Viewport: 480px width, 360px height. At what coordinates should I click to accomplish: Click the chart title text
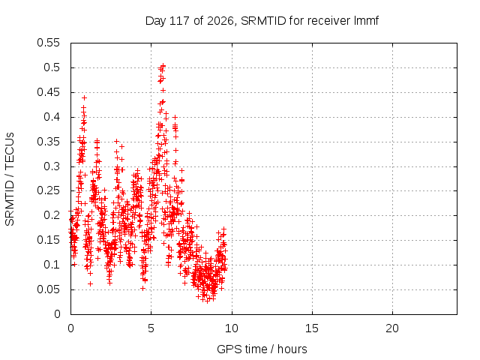pyautogui.click(x=262, y=21)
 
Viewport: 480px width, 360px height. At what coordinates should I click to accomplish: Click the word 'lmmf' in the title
pyautogui.click(x=366, y=21)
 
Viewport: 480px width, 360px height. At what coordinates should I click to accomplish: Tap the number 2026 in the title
pyautogui.click(x=220, y=21)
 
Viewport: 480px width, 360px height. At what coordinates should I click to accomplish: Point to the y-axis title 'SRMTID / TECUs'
pyautogui.click(x=10, y=179)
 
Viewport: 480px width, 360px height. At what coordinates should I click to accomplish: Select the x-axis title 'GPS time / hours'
pyautogui.click(x=262, y=349)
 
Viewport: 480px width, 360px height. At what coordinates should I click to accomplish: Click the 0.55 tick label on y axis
pyautogui.click(x=48, y=43)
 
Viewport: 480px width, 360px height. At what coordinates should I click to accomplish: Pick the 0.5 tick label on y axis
pyautogui.click(x=52, y=67)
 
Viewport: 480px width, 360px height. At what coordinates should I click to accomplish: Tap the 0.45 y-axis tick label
pyautogui.click(x=48, y=92)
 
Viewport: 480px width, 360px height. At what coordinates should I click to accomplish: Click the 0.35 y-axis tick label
pyautogui.click(x=48, y=142)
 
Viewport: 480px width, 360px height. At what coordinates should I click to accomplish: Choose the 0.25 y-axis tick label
pyautogui.click(x=48, y=190)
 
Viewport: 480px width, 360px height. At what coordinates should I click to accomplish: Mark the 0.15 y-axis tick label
pyautogui.click(x=48, y=240)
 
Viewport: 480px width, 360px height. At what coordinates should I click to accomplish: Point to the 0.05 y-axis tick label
pyautogui.click(x=48, y=289)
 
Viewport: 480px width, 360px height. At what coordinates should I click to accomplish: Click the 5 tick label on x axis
pyautogui.click(x=151, y=328)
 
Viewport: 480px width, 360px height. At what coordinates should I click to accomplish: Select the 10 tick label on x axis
pyautogui.click(x=232, y=328)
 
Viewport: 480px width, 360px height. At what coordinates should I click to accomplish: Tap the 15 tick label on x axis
pyautogui.click(x=312, y=328)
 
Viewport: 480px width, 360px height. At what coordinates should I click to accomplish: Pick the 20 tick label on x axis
pyautogui.click(x=392, y=328)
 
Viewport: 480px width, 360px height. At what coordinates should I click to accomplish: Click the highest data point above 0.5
pyautogui.click(x=163, y=65)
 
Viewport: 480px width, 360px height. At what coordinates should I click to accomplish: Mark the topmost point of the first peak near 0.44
pyautogui.click(x=85, y=97)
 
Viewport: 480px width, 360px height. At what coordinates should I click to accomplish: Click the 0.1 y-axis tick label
pyautogui.click(x=52, y=265)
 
